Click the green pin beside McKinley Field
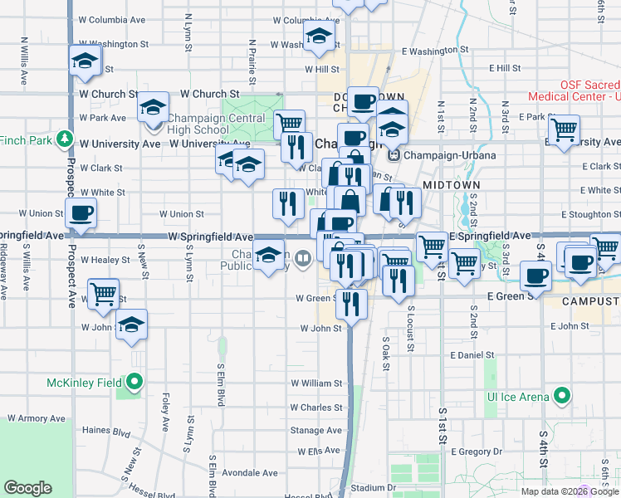pos(133,383)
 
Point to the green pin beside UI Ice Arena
pos(562,396)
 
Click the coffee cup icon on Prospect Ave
pos(81,212)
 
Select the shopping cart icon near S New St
pos(103,294)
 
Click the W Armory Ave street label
pos(35,418)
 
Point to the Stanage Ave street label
pos(315,430)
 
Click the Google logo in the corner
pos(27,488)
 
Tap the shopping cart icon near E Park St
pos(564,129)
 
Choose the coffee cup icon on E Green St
pos(535,276)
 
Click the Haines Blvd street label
pos(106,432)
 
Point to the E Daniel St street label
pos(472,354)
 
